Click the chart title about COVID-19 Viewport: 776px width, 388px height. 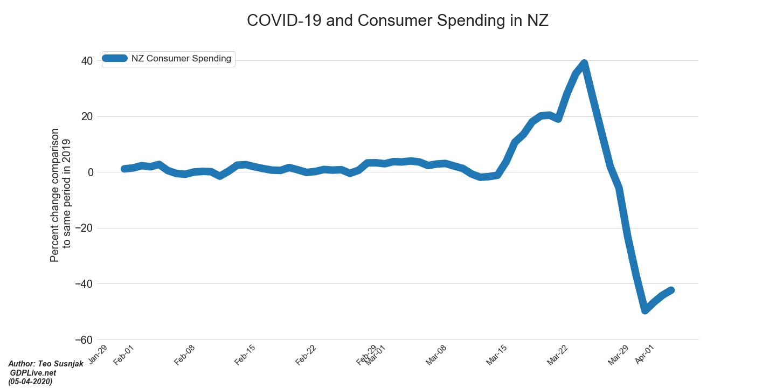pos(397,20)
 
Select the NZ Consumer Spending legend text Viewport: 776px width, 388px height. pos(181,59)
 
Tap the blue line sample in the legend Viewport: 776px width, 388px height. pos(114,59)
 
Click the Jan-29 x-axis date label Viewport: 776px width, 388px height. pos(98,355)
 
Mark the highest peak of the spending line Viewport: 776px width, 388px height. pos(584,64)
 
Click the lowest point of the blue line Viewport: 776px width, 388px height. pos(645,310)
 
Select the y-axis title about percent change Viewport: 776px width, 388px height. pos(60,195)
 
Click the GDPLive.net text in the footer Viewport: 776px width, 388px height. pos(32,373)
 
